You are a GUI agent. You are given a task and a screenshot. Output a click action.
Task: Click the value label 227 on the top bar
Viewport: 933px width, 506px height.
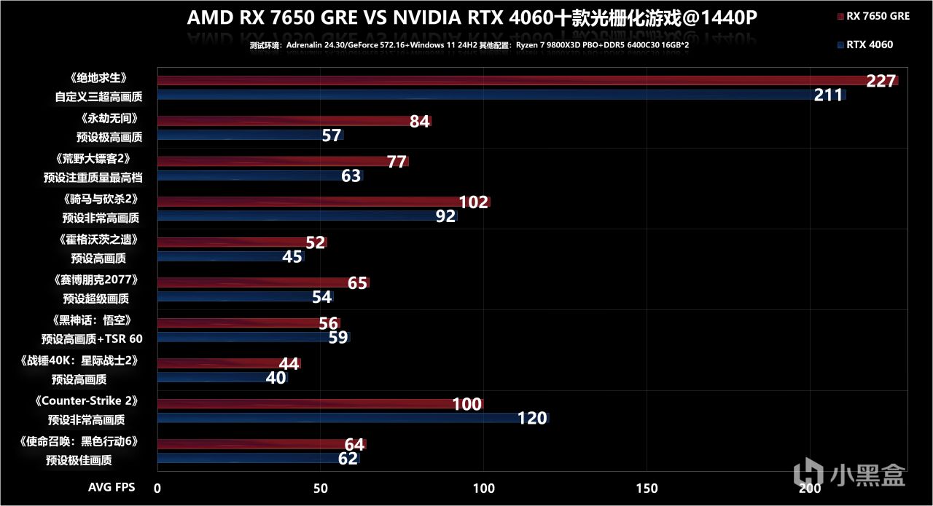(x=881, y=81)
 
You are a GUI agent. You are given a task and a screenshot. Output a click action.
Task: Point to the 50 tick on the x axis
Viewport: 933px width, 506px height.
(x=320, y=488)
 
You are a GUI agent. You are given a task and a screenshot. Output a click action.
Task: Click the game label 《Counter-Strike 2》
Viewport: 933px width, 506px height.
(x=96, y=400)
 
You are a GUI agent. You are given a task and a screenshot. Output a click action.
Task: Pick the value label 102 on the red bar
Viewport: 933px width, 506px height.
(x=473, y=202)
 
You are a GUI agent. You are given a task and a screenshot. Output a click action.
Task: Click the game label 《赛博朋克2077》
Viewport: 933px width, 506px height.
(x=95, y=280)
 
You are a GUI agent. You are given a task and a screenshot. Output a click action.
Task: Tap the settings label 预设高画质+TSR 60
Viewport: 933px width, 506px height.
(x=93, y=339)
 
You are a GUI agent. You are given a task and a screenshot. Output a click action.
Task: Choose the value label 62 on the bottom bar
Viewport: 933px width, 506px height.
(x=348, y=459)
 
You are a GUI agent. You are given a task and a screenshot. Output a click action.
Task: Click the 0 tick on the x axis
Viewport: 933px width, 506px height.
(x=157, y=488)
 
